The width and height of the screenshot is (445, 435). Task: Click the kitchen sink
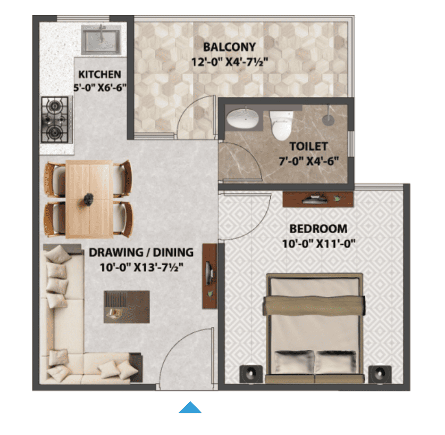coord(102,40)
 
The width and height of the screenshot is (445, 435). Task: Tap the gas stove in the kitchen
coord(56,120)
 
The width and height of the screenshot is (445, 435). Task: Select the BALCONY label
coord(229,47)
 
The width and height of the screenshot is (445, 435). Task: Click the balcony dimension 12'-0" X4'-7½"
coord(229,62)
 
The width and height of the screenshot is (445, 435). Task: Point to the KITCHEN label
coord(99,75)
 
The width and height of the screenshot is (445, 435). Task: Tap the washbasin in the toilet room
coord(243,119)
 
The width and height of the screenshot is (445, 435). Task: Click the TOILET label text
coord(309,146)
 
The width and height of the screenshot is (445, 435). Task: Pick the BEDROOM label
coord(318,229)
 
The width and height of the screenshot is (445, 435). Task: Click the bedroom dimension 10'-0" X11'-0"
coord(318,243)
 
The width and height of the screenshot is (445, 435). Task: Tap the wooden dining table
coord(89,199)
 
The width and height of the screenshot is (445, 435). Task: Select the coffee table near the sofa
coord(127,307)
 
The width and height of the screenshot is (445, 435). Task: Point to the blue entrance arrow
coord(190,407)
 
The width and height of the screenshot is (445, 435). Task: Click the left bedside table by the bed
coord(251,374)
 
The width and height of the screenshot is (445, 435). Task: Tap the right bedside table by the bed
coord(380,374)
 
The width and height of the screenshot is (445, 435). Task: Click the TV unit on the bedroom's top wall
coord(318,199)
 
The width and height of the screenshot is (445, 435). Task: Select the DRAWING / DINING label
coord(141,252)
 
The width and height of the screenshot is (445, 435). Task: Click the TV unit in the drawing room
coord(209,276)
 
